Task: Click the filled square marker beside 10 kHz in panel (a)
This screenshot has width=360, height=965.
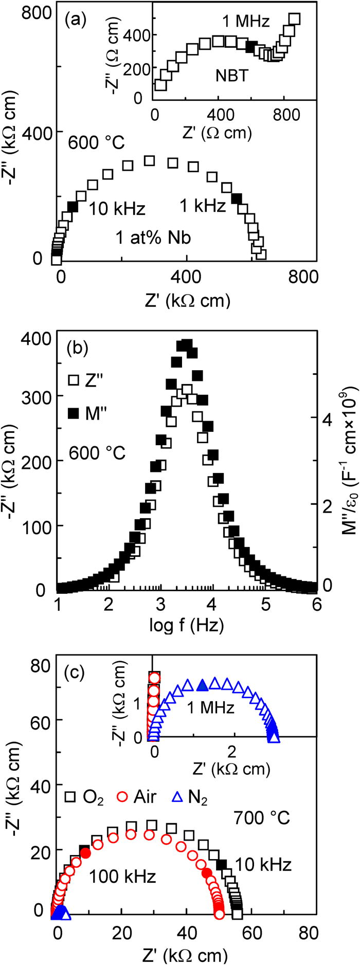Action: click(73, 207)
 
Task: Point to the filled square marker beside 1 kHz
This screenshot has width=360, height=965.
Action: click(237, 198)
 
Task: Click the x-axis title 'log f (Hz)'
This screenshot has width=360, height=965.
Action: click(186, 625)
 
